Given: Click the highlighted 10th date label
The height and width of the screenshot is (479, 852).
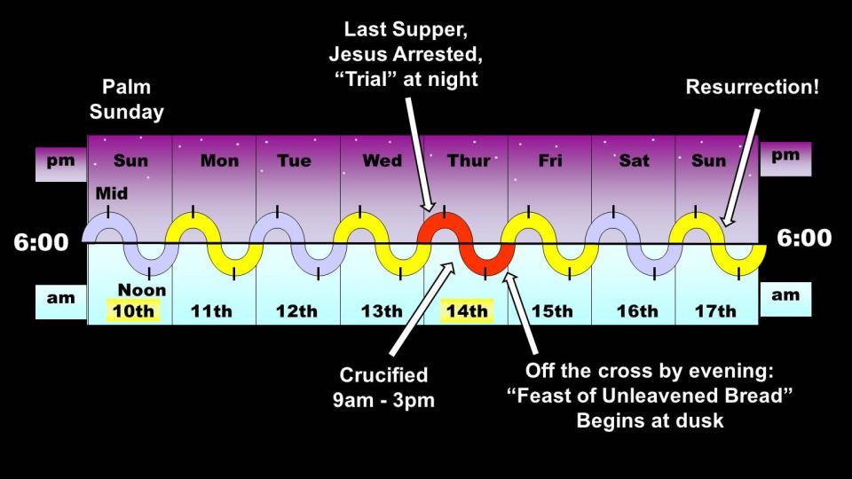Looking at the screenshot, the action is (133, 311).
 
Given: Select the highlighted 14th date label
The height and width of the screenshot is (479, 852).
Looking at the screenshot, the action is (467, 311).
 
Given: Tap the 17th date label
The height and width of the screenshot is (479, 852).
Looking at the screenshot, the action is (715, 311).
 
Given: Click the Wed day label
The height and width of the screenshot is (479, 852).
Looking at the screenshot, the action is (383, 161).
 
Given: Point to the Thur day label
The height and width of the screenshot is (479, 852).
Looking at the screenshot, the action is (469, 161).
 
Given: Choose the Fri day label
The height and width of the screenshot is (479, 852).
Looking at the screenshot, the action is (550, 161).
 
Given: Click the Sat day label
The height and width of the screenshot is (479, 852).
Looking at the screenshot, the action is (634, 161).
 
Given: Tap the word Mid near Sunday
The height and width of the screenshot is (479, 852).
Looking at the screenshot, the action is (112, 193).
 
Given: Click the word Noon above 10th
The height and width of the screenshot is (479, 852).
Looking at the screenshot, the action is (142, 290).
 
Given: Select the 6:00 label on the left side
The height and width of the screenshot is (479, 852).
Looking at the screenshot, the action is (42, 242).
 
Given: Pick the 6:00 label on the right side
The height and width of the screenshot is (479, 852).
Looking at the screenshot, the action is (804, 238).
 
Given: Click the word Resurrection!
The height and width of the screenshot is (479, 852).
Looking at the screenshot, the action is (752, 87).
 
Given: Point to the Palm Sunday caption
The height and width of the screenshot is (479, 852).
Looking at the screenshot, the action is (127, 99).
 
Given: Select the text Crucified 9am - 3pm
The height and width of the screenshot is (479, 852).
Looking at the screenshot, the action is (383, 388).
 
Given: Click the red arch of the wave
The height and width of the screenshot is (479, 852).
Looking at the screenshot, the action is (445, 223).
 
